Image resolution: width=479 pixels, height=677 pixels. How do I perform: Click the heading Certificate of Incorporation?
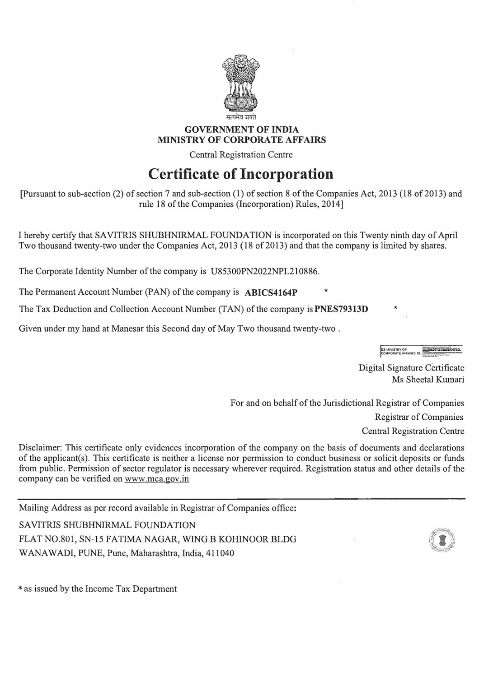pyautogui.click(x=241, y=174)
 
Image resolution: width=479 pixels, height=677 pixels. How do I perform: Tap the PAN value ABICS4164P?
pyautogui.click(x=271, y=292)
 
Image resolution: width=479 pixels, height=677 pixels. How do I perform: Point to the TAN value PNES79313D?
pyautogui.click(x=341, y=310)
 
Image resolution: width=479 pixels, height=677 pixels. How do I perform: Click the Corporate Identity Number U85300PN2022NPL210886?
pyautogui.click(x=265, y=272)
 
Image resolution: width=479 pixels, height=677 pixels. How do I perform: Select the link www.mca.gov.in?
pyautogui.click(x=156, y=479)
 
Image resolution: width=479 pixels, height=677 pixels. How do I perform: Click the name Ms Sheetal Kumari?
pyautogui.click(x=428, y=380)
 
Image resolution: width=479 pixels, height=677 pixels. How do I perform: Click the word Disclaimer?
pyautogui.click(x=39, y=448)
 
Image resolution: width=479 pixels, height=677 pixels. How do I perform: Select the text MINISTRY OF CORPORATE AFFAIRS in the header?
pyautogui.click(x=241, y=140)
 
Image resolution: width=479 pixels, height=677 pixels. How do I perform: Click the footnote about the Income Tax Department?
pyautogui.click(x=98, y=589)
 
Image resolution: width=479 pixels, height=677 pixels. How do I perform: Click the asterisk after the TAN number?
pyautogui.click(x=395, y=309)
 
